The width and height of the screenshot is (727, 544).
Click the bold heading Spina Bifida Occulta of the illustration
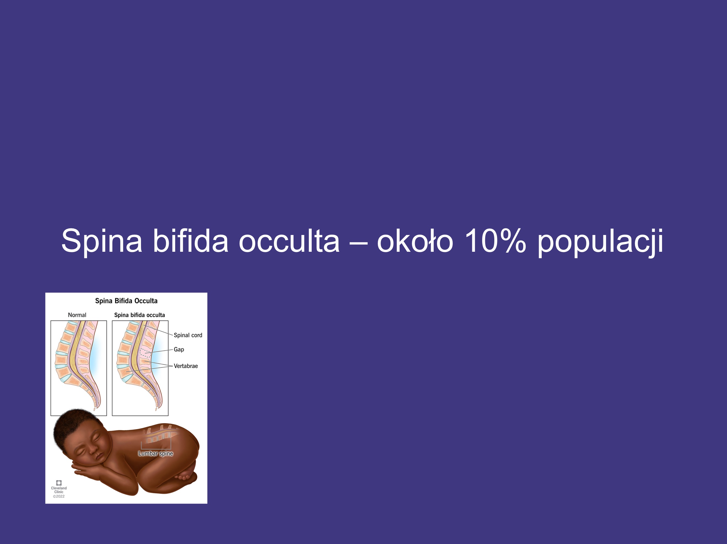[x=126, y=301]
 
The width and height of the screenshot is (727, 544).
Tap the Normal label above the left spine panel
[x=77, y=315]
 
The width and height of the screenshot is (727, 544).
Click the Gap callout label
[x=179, y=350]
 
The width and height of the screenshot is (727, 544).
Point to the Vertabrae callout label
[x=186, y=366]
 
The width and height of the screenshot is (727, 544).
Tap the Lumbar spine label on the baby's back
[x=156, y=453]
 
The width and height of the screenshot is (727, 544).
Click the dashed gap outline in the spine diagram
[x=145, y=353]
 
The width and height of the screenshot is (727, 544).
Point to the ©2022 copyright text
[x=59, y=496]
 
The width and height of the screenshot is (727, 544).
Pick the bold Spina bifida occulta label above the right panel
[x=139, y=315]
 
